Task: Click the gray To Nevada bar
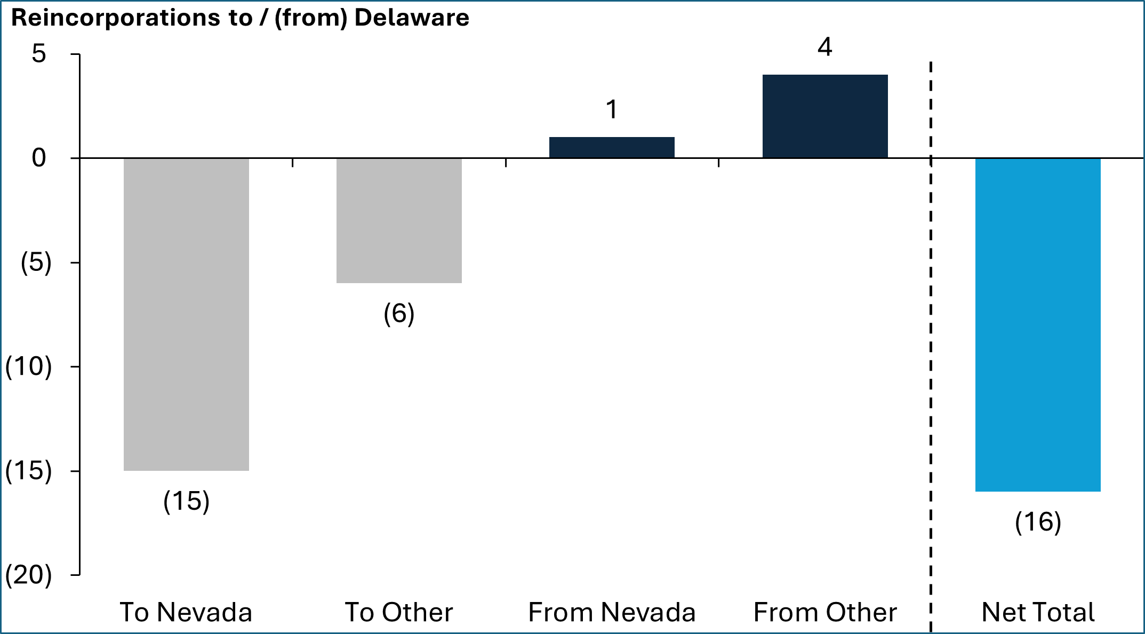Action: click(186, 314)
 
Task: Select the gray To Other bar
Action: click(399, 220)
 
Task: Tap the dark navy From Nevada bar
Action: click(612, 147)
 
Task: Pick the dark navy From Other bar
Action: click(825, 116)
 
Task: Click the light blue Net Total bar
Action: click(1038, 324)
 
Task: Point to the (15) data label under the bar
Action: click(186, 501)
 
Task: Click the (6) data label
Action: click(399, 314)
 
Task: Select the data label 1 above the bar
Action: click(612, 110)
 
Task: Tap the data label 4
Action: click(825, 47)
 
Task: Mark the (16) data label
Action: click(1038, 522)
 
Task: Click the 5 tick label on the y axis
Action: click(39, 54)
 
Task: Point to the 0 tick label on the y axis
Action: click(39, 158)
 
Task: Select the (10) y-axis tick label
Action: click(29, 367)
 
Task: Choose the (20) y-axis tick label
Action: click(29, 575)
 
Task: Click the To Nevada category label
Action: click(186, 612)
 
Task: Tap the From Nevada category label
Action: click(612, 612)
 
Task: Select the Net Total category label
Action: click(1038, 612)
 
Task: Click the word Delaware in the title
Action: click(412, 18)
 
